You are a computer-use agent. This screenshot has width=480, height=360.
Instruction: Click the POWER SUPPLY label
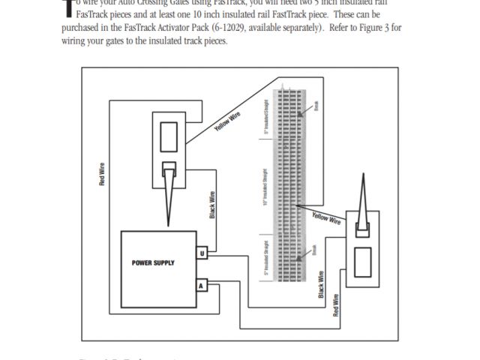153,262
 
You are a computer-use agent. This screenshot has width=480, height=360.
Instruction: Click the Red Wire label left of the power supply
103,175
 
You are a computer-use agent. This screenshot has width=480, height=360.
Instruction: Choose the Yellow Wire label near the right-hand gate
327,218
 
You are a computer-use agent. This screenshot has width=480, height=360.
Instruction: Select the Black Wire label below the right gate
322,284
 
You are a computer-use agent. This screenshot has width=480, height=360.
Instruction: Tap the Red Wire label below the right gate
336,304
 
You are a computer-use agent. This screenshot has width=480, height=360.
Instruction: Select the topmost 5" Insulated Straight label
266,118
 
